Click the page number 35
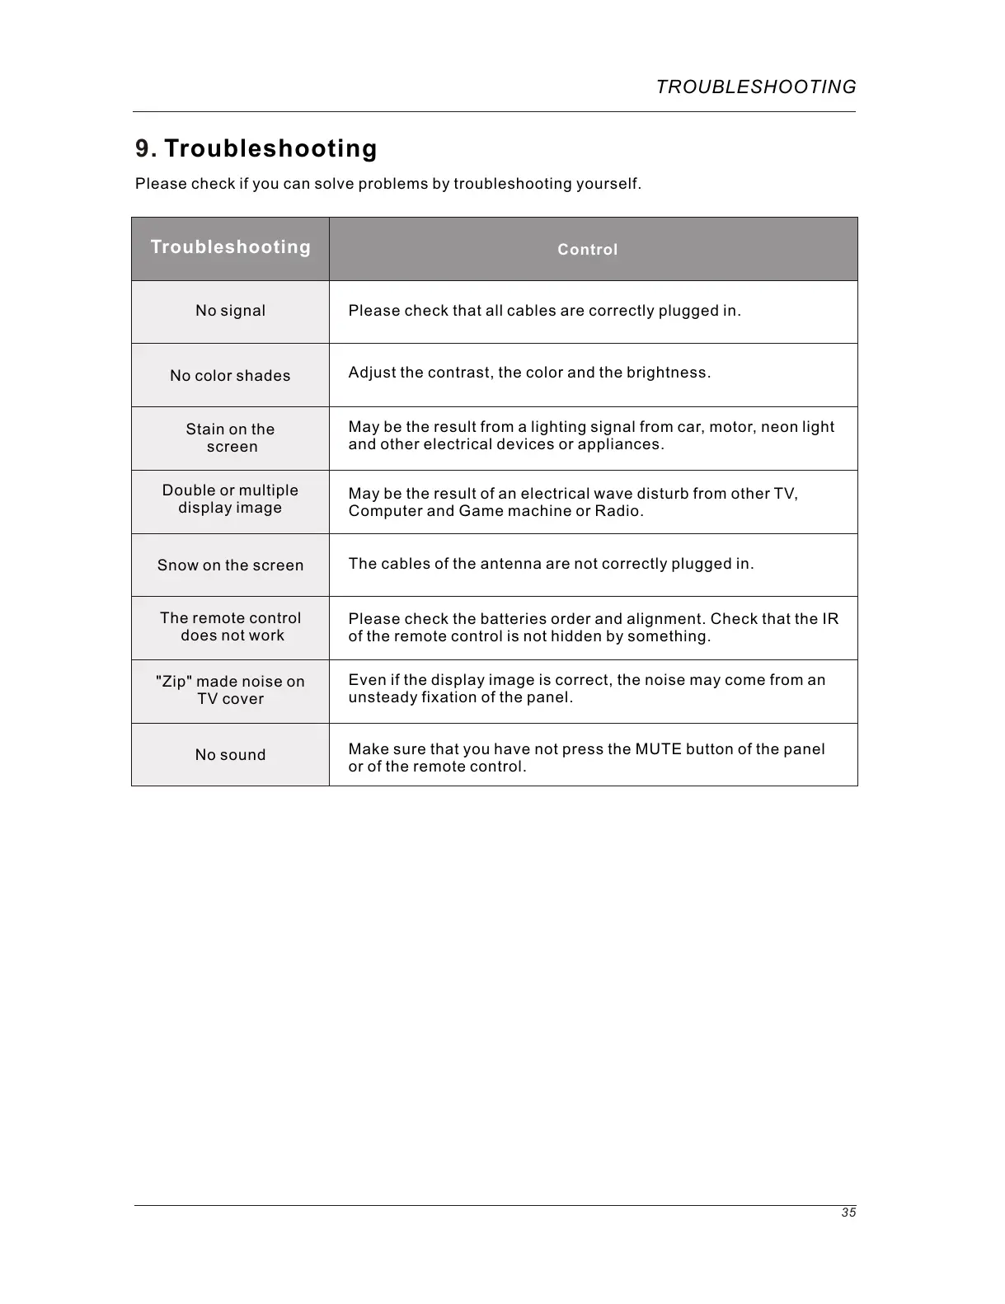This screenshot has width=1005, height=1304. pyautogui.click(x=848, y=1213)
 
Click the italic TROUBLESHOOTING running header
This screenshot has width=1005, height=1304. pyautogui.click(x=756, y=87)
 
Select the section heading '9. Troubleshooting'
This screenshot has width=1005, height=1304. pyautogui.click(x=256, y=149)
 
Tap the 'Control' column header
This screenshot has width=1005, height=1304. pyautogui.click(x=587, y=250)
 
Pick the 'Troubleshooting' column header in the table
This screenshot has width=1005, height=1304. pyautogui.click(x=231, y=247)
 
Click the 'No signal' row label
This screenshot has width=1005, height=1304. pyautogui.click(x=231, y=311)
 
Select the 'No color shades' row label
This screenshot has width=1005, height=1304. pyautogui.click(x=231, y=376)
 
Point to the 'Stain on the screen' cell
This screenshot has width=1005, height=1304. pyautogui.click(x=231, y=438)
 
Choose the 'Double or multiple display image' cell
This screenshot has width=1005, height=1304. pyautogui.click(x=231, y=499)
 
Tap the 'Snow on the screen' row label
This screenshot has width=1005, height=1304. pyautogui.click(x=231, y=565)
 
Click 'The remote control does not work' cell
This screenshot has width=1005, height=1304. pyautogui.click(x=231, y=626)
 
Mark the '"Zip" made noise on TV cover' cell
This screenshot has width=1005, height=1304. pyautogui.click(x=231, y=690)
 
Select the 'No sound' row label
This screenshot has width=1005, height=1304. pyautogui.click(x=231, y=755)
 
